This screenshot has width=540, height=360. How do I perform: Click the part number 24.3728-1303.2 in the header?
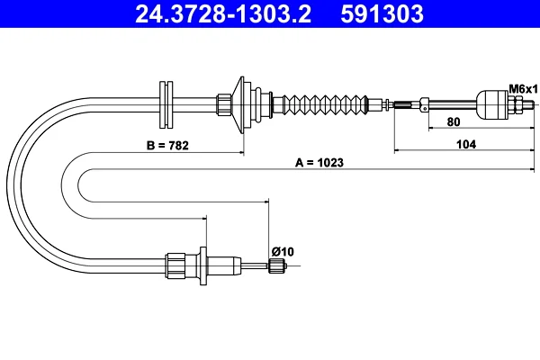pyautogui.click(x=223, y=13)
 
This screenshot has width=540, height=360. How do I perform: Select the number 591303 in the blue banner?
pyautogui.click(x=382, y=13)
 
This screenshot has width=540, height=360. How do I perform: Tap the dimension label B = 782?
pyautogui.click(x=167, y=146)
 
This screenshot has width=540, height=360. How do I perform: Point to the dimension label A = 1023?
pyautogui.click(x=319, y=162)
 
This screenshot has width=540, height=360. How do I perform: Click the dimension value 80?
pyautogui.click(x=454, y=122)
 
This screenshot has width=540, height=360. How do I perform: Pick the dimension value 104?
pyautogui.click(x=466, y=144)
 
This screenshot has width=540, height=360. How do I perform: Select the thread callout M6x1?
pyautogui.click(x=524, y=89)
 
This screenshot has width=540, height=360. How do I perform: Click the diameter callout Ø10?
pyautogui.click(x=283, y=251)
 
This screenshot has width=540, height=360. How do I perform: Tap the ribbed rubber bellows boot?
pyautogui.click(x=325, y=104)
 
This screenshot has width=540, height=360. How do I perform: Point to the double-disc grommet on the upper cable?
pyautogui.click(x=166, y=104)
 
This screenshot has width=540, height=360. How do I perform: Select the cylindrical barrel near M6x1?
pyautogui.click(x=491, y=104)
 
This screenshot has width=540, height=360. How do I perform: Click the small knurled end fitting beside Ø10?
pyautogui.click(x=277, y=266)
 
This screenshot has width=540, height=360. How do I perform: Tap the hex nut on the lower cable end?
pyautogui.click(x=175, y=266)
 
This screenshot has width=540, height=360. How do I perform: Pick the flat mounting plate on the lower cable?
pyautogui.click(x=203, y=266)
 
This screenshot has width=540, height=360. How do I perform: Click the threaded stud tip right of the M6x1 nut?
pyautogui.click(x=530, y=103)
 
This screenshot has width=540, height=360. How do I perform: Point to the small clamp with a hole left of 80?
pyautogui.click(x=424, y=104)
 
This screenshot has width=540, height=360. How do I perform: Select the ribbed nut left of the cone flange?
pyautogui.click(x=223, y=104)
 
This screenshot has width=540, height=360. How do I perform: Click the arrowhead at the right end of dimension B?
pyautogui.click(x=242, y=152)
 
